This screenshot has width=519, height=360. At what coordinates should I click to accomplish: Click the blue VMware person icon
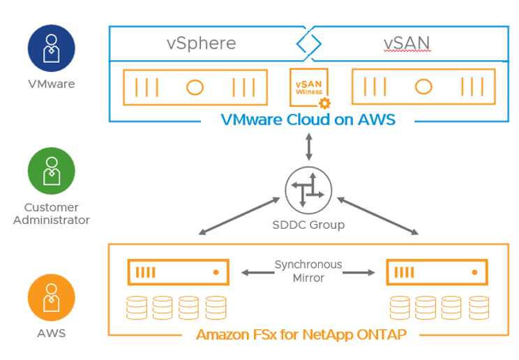pos(52,48)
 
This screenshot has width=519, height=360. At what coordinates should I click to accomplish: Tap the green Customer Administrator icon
pos(52,171)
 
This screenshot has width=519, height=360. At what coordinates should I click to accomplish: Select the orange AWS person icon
pos(52,297)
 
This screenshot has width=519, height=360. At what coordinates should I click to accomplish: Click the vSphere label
pos(201,44)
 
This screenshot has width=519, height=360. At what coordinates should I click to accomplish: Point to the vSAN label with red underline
pos(407,44)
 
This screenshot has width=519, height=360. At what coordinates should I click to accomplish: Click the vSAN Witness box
pos(309,87)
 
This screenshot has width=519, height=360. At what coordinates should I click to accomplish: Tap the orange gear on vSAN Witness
pos(324,103)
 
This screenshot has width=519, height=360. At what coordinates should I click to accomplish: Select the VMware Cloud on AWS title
pos(308,119)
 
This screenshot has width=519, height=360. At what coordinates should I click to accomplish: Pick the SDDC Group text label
pos(308,225)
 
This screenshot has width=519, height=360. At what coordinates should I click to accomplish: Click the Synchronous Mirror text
pos(308,271)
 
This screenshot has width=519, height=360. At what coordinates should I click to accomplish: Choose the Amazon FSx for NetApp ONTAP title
pos(301,334)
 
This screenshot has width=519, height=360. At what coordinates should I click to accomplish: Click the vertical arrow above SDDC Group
pos(309,147)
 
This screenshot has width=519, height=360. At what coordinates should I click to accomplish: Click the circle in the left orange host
pos(195,87)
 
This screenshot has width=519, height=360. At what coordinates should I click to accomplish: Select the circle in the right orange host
pos(423,87)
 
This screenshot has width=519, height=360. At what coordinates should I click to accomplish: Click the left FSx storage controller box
pos(179,272)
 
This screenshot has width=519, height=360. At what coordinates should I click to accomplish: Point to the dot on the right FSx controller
pos(474,272)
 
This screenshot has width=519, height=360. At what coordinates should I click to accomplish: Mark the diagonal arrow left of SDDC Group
pos(239,216)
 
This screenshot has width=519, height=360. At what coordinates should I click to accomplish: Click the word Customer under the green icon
pos(52,207)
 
